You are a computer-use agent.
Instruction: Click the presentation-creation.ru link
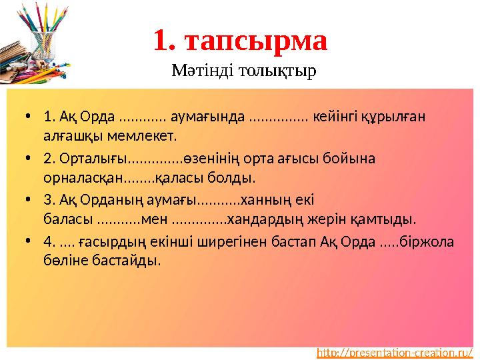[x=395, y=352]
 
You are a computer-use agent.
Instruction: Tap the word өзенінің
[x=210, y=159]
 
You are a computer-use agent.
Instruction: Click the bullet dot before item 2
[x=28, y=159]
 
